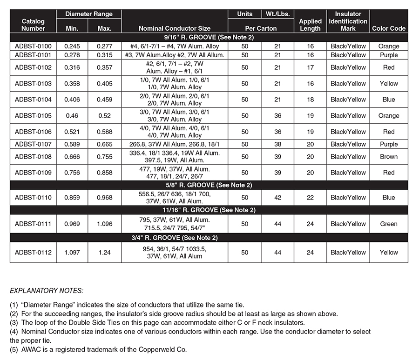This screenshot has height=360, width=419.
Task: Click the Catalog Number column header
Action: [x=33, y=25]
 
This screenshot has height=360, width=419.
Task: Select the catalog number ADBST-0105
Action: [x=33, y=116]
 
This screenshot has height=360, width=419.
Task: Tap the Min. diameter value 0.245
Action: [x=72, y=47]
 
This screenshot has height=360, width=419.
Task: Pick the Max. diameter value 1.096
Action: [x=104, y=224]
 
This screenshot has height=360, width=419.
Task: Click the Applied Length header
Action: [x=310, y=25]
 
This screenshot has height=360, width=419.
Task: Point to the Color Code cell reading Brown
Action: [x=389, y=157]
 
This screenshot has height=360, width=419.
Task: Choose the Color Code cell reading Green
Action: [x=389, y=224]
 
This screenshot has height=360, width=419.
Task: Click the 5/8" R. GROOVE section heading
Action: [x=208, y=185]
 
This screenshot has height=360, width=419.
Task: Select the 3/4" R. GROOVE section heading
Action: [x=208, y=238]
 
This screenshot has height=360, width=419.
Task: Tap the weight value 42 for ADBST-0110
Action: [x=277, y=198]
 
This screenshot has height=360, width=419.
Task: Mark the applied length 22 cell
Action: [x=310, y=198]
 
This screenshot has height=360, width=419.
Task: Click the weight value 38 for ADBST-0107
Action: [x=277, y=144]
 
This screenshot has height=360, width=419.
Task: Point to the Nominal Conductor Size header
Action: [x=174, y=28]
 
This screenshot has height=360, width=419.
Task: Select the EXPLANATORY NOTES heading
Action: [x=47, y=291]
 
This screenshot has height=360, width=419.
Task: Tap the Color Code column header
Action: [x=389, y=28]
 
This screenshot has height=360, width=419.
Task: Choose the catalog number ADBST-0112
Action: [x=33, y=253]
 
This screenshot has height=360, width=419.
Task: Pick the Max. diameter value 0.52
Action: [x=104, y=116]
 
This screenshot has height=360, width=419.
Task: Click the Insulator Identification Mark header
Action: [x=348, y=21]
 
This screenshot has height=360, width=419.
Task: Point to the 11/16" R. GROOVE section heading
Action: [x=208, y=210]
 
